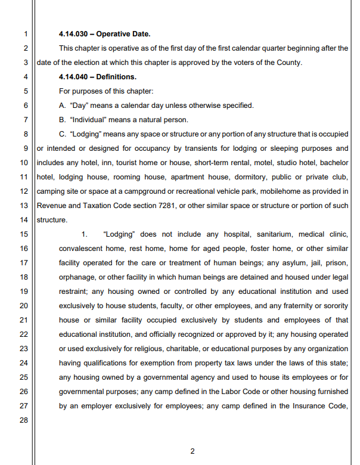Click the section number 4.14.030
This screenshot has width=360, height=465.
coord(76,33)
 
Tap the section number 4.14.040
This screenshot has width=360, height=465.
coord(76,77)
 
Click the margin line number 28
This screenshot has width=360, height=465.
coord(24,420)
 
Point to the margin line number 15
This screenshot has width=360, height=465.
coord(24,234)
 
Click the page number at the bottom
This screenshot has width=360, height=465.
coord(192,451)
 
